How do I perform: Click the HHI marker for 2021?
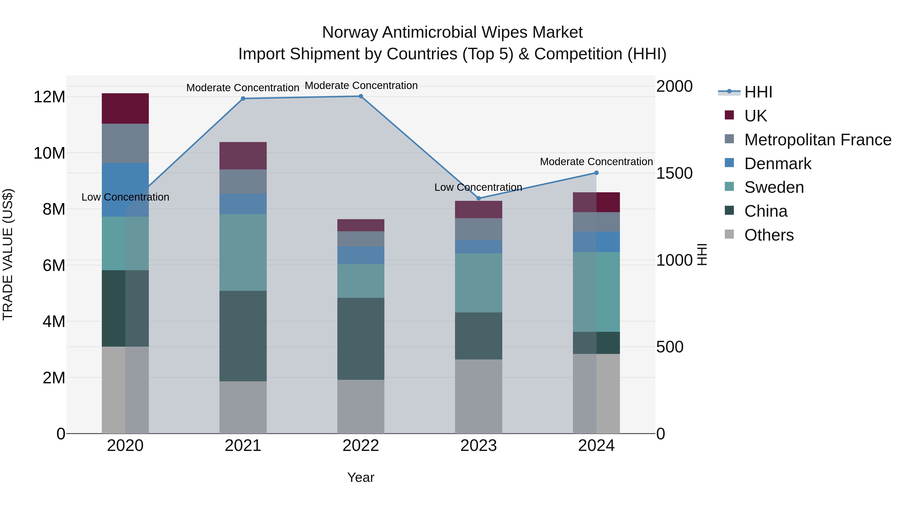pyautogui.click(x=243, y=98)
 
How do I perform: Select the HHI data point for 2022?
pyautogui.click(x=361, y=96)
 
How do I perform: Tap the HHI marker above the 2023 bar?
pyautogui.click(x=478, y=198)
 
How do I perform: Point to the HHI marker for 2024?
pyautogui.click(x=596, y=173)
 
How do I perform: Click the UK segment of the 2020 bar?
pyautogui.click(x=125, y=108)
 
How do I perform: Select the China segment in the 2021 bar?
pyautogui.click(x=243, y=336)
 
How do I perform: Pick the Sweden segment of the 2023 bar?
pyautogui.click(x=478, y=283)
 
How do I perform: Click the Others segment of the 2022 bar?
pyautogui.click(x=361, y=406)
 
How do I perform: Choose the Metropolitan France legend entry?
pyautogui.click(x=818, y=140)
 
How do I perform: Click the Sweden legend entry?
pyautogui.click(x=774, y=187)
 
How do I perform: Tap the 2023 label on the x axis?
pyautogui.click(x=478, y=446)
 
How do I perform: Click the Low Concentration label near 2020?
pyautogui.click(x=125, y=197)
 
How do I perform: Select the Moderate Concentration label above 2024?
pyautogui.click(x=596, y=162)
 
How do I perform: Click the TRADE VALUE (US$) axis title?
pyautogui.click(x=8, y=254)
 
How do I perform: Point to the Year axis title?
pyautogui.click(x=361, y=477)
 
